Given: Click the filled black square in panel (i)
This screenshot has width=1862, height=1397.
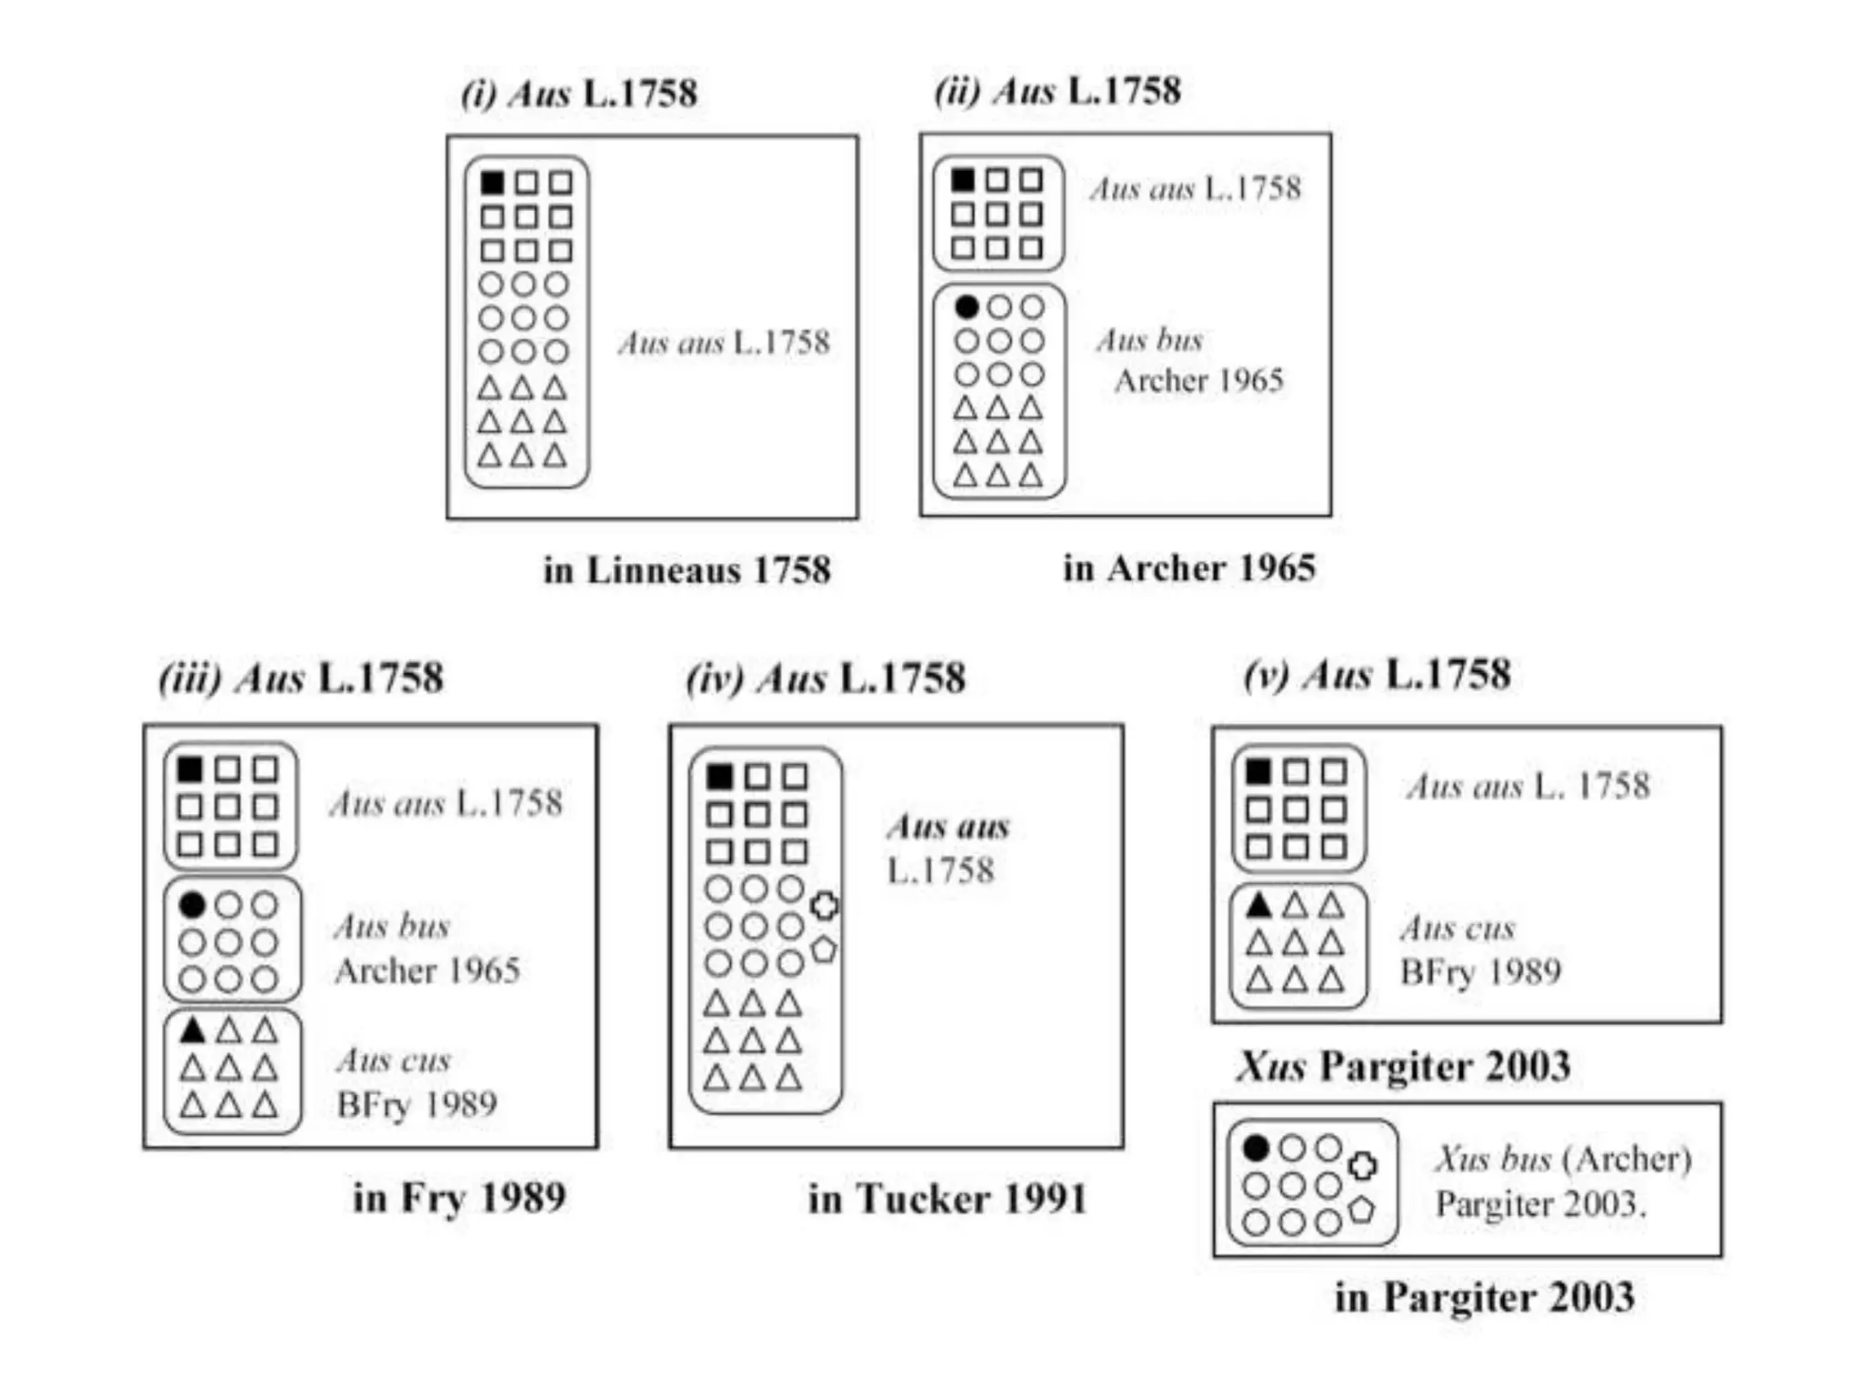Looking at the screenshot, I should [x=492, y=183].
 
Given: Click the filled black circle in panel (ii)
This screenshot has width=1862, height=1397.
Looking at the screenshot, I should [x=966, y=307].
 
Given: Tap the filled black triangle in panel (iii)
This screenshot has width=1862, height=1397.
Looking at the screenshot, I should [x=192, y=1030].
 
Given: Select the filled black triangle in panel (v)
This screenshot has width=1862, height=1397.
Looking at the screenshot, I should [x=1258, y=905].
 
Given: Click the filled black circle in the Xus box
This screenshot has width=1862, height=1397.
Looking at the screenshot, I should [x=1256, y=1149].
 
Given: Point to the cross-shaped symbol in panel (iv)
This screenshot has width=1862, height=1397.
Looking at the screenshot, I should [x=825, y=906].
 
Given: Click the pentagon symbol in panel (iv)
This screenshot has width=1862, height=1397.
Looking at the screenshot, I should [x=824, y=950].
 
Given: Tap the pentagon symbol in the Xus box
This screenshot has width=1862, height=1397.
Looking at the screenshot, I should [x=1361, y=1210].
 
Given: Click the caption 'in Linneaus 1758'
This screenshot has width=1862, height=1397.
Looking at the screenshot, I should [x=686, y=570].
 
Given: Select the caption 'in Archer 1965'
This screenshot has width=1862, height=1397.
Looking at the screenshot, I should [x=1189, y=568].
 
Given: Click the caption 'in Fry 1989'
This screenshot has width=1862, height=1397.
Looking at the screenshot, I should [x=459, y=1197].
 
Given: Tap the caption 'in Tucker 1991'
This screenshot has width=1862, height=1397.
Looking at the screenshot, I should [x=947, y=1199].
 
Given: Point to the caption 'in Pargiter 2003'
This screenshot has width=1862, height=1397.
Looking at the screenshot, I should [x=1484, y=1297].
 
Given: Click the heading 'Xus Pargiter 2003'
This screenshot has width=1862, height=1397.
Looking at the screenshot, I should [x=1403, y=1066].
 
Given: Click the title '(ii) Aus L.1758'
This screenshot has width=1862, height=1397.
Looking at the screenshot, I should [x=1057, y=91].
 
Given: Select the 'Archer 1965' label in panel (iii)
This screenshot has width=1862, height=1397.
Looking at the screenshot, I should [x=427, y=970].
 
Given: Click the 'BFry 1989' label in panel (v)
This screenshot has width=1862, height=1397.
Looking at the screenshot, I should [x=1480, y=972].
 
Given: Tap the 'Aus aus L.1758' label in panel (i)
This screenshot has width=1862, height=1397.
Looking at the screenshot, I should [x=724, y=343].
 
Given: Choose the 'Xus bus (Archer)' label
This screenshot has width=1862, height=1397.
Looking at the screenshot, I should [x=1563, y=1159].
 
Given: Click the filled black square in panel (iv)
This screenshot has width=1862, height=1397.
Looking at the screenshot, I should [x=719, y=777].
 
